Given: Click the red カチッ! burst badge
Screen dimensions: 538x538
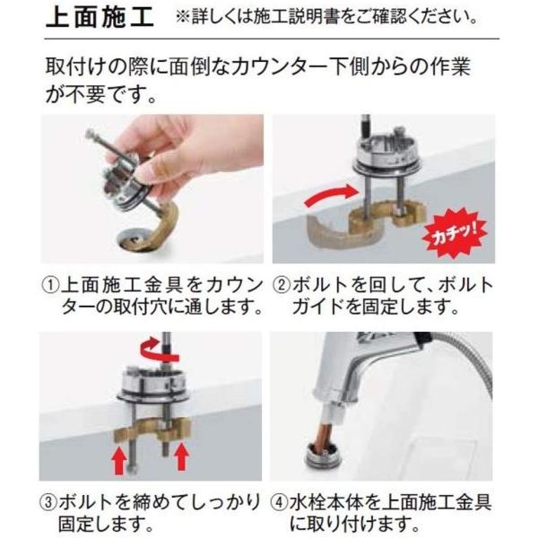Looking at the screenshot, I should tap(451, 234).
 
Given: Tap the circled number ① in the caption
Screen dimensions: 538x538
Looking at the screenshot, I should tap(52, 286).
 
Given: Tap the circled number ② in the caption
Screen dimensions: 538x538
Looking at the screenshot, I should tap(284, 286).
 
